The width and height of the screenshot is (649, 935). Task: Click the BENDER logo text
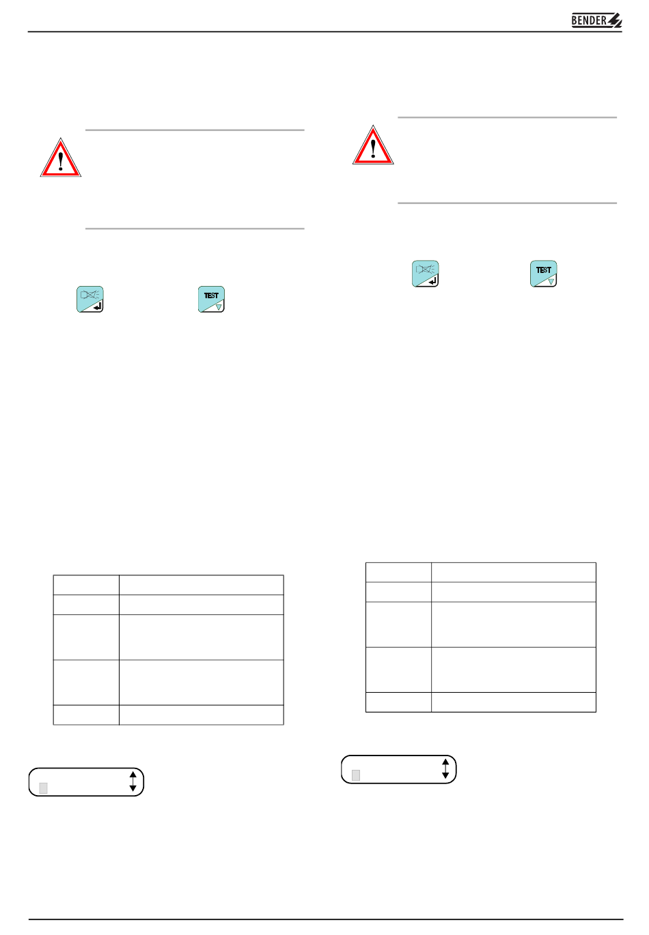[589, 20]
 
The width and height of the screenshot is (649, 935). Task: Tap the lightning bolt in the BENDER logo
[615, 20]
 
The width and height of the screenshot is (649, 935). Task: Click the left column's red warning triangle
[61, 158]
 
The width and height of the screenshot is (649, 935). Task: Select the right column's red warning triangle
[373, 145]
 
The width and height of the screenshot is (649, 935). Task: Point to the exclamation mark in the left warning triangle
[61, 161]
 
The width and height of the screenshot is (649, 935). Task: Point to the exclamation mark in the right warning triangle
[373, 148]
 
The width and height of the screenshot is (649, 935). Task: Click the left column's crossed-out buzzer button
[90, 300]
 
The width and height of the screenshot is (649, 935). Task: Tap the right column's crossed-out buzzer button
[425, 274]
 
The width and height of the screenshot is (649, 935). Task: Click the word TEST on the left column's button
[211, 296]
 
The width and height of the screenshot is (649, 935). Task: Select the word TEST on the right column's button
[543, 270]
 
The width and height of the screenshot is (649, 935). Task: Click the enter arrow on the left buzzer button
[98, 307]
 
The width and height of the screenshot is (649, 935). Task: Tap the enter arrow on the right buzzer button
[433, 281]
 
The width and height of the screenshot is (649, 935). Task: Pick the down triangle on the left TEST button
[219, 307]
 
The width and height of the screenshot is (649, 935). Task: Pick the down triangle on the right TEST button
[551, 282]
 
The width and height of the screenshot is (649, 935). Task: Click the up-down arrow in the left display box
[133, 781]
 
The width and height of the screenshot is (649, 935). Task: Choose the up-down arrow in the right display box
[445, 769]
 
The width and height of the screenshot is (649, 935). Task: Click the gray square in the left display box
[43, 788]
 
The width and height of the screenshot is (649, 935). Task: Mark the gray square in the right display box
[356, 775]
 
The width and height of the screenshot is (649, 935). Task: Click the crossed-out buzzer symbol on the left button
[90, 295]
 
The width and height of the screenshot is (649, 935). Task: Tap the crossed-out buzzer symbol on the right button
[425, 269]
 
